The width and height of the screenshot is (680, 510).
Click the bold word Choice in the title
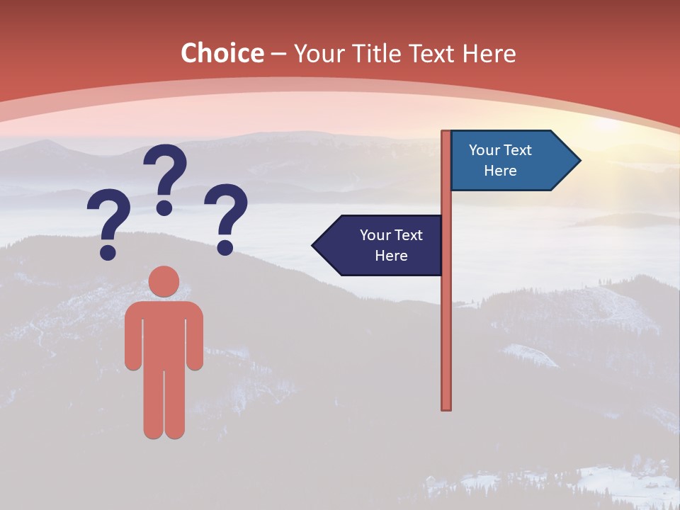[x=222, y=54]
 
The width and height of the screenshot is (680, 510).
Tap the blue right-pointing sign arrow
[x=510, y=161]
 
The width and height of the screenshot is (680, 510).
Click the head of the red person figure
[x=164, y=281]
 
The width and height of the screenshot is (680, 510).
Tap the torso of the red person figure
[x=164, y=333]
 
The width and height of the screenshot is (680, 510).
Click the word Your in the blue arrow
[x=484, y=150]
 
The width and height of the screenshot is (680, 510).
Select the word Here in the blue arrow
[x=500, y=171]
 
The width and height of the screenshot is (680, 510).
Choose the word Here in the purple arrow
[x=391, y=256]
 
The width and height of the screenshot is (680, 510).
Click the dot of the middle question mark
[x=164, y=208]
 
